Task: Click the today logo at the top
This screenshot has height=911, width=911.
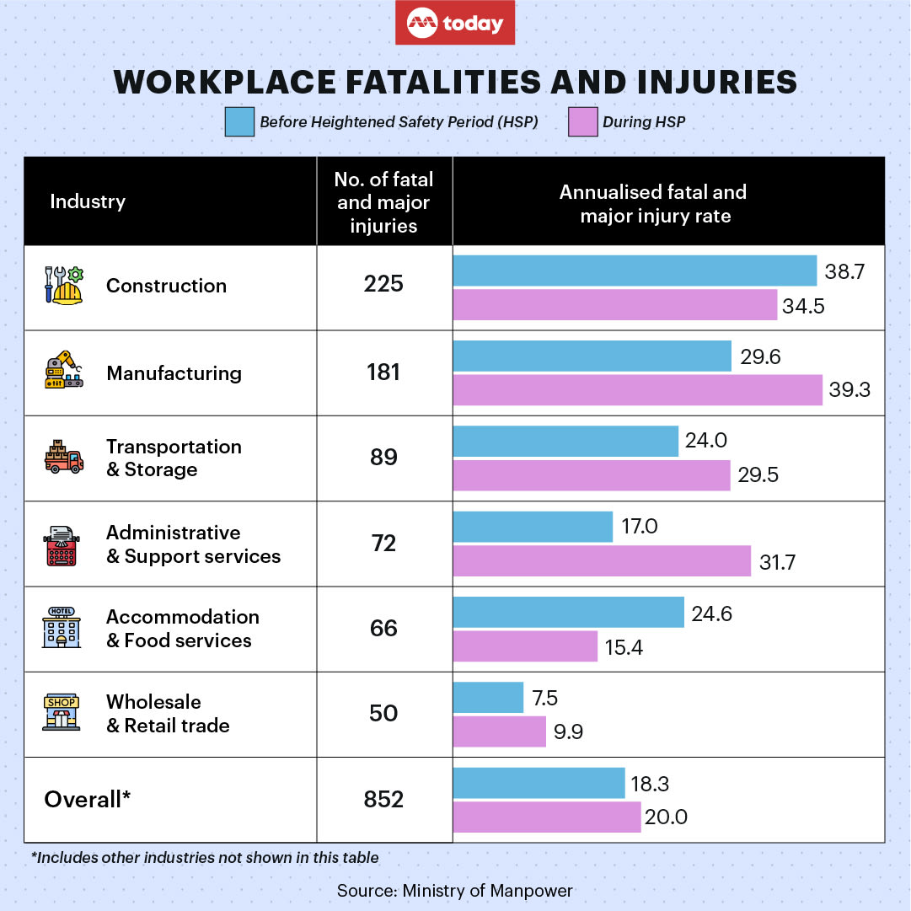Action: pyautogui.click(x=455, y=24)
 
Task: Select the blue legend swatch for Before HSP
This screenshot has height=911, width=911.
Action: pyautogui.click(x=239, y=121)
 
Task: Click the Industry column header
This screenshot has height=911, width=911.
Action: pyautogui.click(x=88, y=201)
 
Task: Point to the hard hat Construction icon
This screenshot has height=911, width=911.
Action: pyautogui.click(x=64, y=286)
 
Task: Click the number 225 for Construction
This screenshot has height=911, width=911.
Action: pyautogui.click(x=383, y=285)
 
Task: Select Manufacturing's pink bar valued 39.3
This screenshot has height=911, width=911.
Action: pyautogui.click(x=637, y=390)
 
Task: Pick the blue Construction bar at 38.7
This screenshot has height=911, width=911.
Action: pyautogui.click(x=635, y=271)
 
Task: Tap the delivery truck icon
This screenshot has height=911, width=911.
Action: pyautogui.click(x=64, y=458)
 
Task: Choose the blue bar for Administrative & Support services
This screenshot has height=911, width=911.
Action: pyautogui.click(x=533, y=528)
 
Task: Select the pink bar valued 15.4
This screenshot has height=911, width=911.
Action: pyautogui.click(x=525, y=646)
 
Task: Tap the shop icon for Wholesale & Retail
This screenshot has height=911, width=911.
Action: pyautogui.click(x=62, y=713)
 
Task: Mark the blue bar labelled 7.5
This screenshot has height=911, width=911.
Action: pyautogui.click(x=488, y=698)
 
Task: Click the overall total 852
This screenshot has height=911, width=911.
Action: pyautogui.click(x=383, y=799)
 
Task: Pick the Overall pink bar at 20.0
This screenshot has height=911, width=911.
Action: pyautogui.click(x=547, y=817)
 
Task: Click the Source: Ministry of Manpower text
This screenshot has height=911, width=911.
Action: pyautogui.click(x=455, y=891)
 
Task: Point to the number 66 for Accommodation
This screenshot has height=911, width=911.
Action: pyautogui.click(x=383, y=629)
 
